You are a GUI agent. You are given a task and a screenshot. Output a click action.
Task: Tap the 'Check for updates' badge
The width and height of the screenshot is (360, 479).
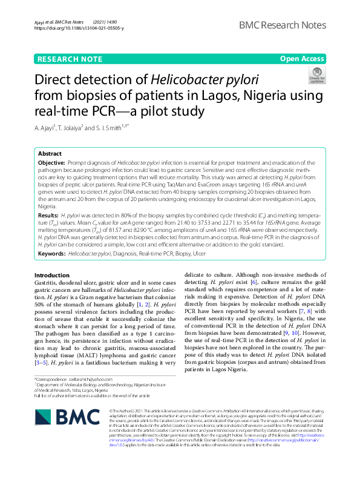[316, 75]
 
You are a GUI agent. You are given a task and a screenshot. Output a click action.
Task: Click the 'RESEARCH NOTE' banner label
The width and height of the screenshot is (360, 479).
[70, 59]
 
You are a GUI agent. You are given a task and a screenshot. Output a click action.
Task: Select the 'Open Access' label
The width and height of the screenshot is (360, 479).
[302, 59]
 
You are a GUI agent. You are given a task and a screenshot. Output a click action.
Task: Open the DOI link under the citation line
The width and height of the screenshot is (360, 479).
[79, 28]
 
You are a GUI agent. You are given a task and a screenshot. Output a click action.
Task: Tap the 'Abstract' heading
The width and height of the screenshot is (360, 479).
[50, 154]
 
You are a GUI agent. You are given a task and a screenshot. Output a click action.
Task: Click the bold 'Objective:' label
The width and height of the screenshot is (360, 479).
[51, 164]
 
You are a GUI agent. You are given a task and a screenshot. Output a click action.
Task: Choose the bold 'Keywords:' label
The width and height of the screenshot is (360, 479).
[52, 253]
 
